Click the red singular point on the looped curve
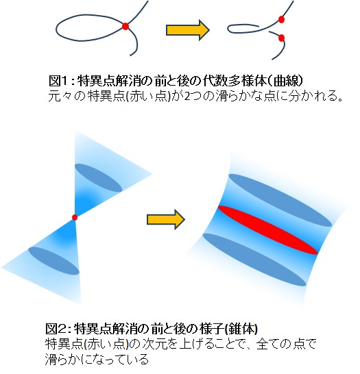[125, 26]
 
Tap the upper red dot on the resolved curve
[281, 19]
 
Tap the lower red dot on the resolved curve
[281, 38]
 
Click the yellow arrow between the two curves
[188, 30]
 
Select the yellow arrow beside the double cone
[166, 219]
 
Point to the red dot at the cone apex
[75, 218]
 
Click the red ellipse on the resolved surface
[268, 230]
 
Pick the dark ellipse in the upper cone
[98, 177]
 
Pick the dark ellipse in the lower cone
[53, 261]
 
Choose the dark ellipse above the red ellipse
[280, 200]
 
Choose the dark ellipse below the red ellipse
[254, 260]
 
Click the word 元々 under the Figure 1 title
[59, 96]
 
